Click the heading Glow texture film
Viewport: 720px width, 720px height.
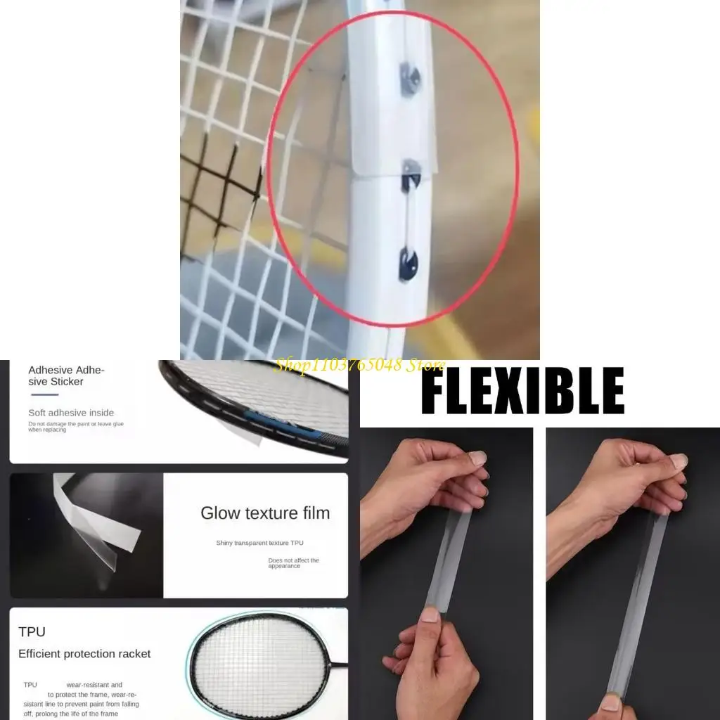(265, 513)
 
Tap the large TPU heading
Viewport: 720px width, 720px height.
(32, 631)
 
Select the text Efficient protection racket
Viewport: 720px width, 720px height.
(84, 654)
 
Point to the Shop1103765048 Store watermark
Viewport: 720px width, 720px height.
(360, 365)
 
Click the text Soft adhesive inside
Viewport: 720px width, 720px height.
(70, 413)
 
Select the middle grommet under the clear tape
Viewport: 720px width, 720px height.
(410, 173)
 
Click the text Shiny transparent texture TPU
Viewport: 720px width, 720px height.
(259, 543)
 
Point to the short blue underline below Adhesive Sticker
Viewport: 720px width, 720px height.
(45, 395)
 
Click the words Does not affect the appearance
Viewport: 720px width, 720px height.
(293, 563)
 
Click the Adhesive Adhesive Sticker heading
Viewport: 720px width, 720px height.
(66, 375)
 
